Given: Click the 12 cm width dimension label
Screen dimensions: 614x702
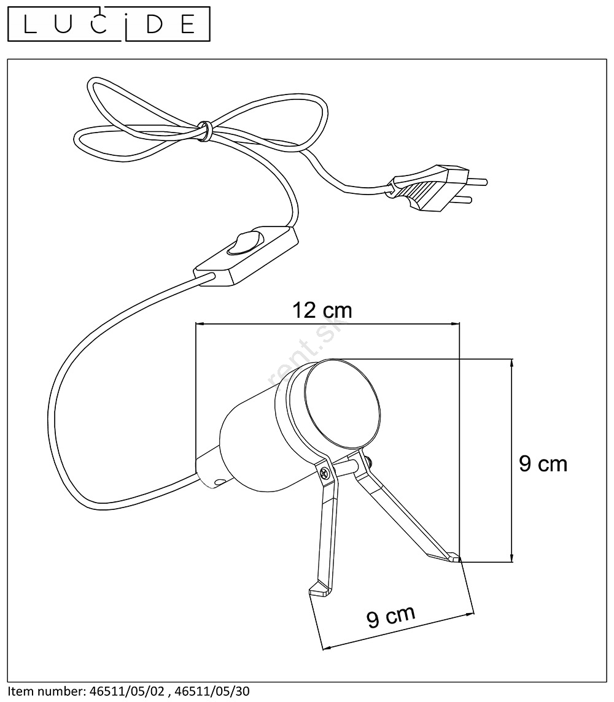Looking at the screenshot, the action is tap(322, 310).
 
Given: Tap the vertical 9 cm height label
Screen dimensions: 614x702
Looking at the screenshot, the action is tap(543, 463).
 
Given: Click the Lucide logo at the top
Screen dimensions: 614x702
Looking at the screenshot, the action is tap(109, 24).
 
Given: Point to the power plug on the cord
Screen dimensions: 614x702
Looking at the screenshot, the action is tap(437, 188).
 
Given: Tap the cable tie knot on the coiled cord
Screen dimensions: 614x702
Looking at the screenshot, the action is tap(204, 130).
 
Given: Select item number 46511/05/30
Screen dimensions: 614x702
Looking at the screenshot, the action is tap(212, 691).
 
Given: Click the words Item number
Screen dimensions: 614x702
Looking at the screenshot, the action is tap(45, 691).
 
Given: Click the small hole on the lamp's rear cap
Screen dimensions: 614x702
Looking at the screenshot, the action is tap(219, 482).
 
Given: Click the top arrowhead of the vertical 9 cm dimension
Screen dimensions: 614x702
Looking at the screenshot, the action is tap(512, 363).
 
